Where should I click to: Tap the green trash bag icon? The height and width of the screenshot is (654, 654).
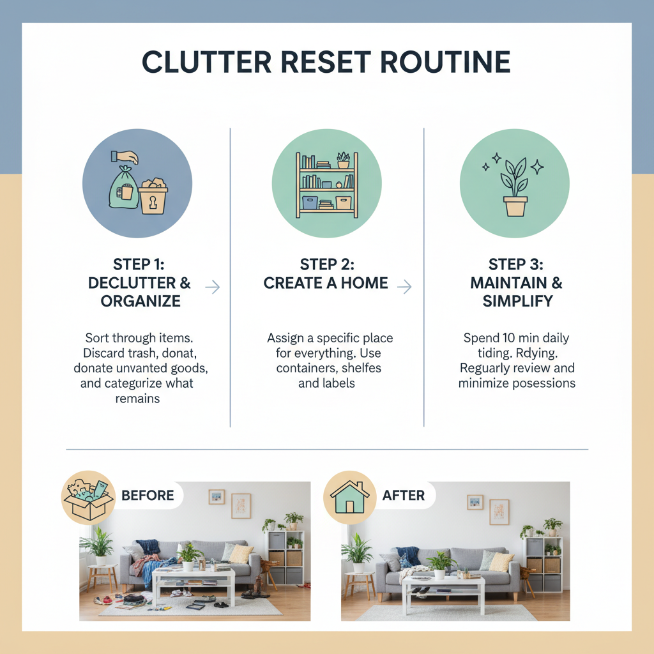[x=124, y=189]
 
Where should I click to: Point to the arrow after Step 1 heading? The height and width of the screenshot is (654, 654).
[x=212, y=287]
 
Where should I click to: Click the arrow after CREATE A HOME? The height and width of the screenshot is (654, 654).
[x=404, y=287]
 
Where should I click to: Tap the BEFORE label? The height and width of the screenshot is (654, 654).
[x=148, y=496]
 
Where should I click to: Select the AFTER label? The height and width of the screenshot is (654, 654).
[x=404, y=496]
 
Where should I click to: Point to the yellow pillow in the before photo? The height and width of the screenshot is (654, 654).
[x=241, y=553]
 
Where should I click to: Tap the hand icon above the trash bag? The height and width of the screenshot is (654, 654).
[x=125, y=156]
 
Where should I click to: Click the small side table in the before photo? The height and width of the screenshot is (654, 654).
[x=102, y=576]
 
